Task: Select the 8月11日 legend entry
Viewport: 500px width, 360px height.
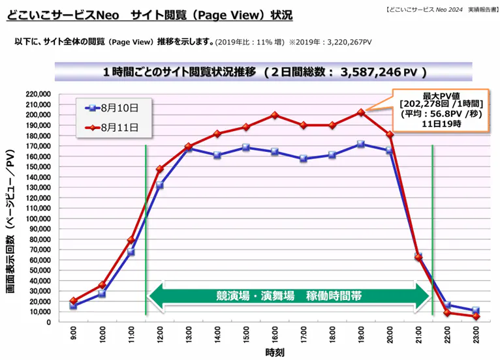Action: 115,126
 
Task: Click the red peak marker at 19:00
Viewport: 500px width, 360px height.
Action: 360,112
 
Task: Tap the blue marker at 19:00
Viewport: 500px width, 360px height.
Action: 360,143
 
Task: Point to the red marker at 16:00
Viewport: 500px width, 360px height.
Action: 274,115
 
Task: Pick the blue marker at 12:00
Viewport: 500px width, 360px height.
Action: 159,185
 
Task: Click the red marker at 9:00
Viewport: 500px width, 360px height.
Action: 73,301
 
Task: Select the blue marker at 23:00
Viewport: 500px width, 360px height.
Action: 476,310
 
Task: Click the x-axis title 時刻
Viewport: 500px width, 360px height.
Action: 274,353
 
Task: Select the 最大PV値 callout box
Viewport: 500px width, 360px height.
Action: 441,108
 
